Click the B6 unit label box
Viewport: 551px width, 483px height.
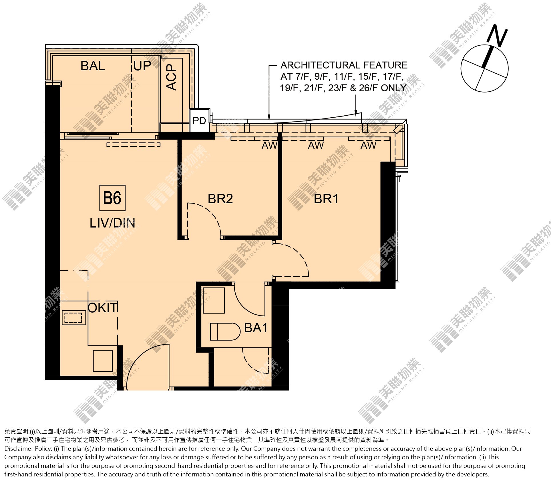point(112,198)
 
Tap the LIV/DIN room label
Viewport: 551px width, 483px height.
point(112,223)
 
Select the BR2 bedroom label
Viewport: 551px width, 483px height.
point(220,199)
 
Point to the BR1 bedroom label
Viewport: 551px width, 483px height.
point(326,199)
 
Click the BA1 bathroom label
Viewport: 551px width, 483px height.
point(256,328)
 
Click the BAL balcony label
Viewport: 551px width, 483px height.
point(93,66)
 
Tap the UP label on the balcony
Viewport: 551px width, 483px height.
point(142,66)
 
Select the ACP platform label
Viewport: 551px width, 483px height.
point(172,77)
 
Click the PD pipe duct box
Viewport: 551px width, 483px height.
point(200,120)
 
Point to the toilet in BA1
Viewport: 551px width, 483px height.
point(225,332)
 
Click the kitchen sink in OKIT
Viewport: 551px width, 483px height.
point(74,317)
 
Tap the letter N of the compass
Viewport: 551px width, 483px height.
point(497,36)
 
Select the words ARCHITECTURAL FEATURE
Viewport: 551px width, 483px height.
point(344,65)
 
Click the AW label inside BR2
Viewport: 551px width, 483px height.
point(269,145)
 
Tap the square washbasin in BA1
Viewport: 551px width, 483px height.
point(214,301)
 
